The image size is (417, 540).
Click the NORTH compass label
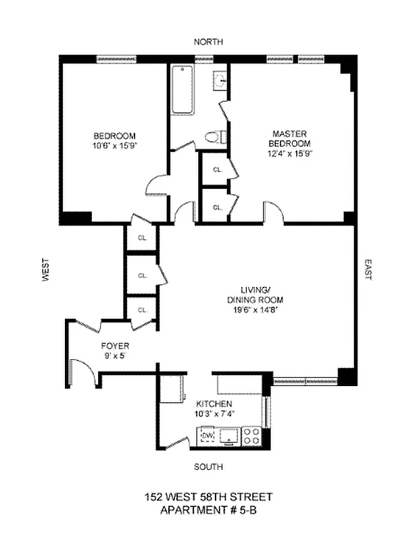(x=208, y=42)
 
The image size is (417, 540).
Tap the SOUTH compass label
(x=208, y=466)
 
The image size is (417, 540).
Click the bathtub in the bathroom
(x=182, y=90)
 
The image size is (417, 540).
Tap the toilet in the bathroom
(x=215, y=137)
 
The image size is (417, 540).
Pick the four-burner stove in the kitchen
(x=251, y=436)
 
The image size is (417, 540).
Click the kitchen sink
(x=230, y=437)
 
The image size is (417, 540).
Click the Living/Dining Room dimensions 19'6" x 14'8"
(x=255, y=310)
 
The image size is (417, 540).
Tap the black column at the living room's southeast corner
(x=347, y=377)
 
